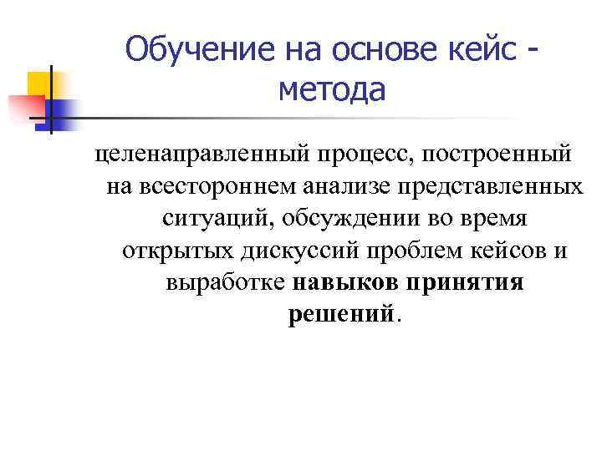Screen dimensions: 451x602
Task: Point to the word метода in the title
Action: (332, 89)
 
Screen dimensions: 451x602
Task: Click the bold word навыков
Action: (345, 281)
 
